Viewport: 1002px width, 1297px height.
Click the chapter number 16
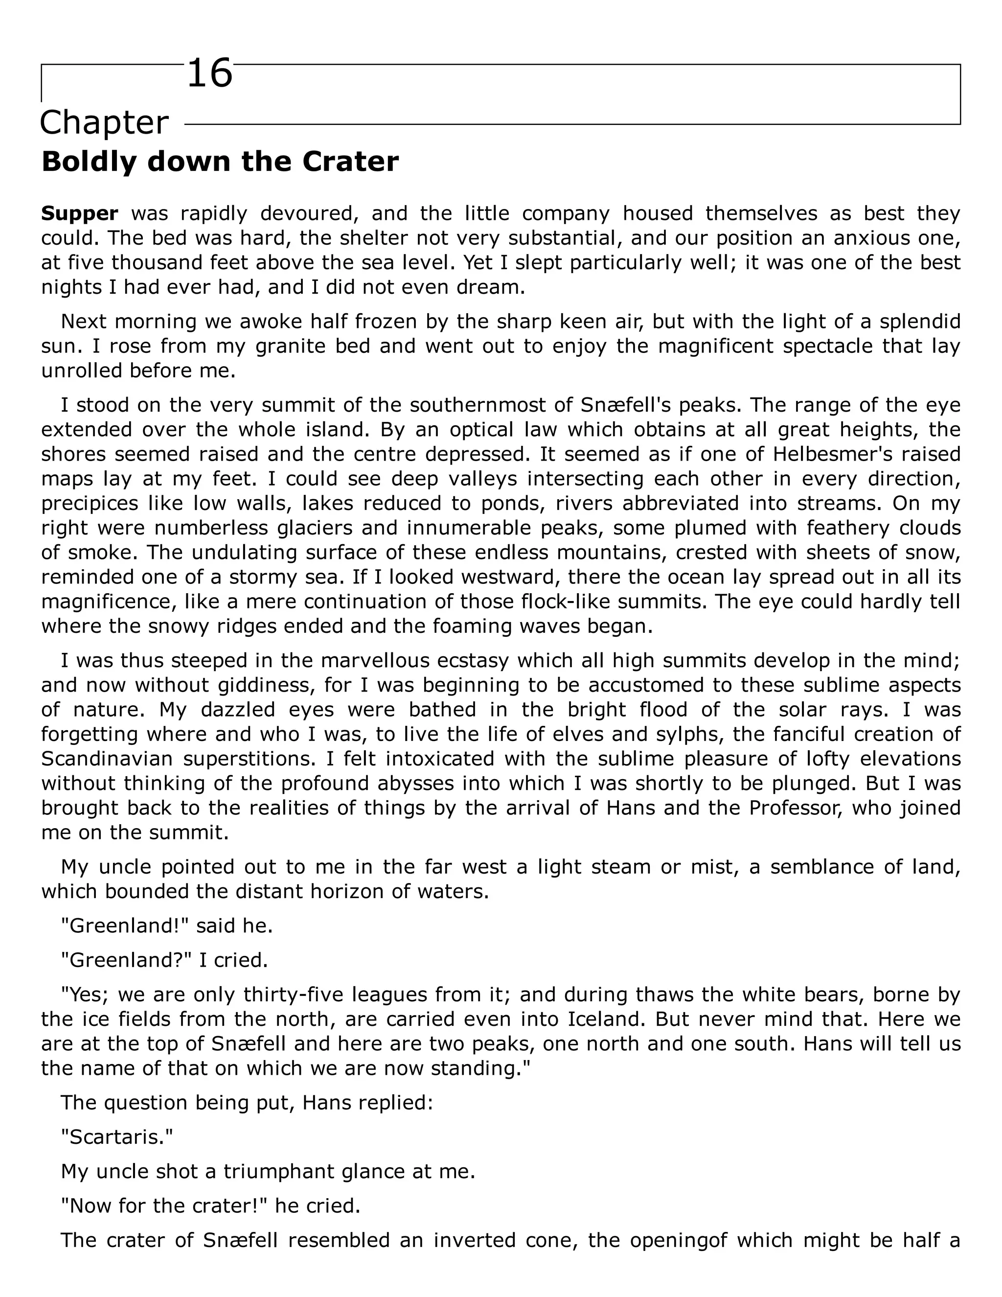pos(209,75)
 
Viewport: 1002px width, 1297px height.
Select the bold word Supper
pos(80,214)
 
